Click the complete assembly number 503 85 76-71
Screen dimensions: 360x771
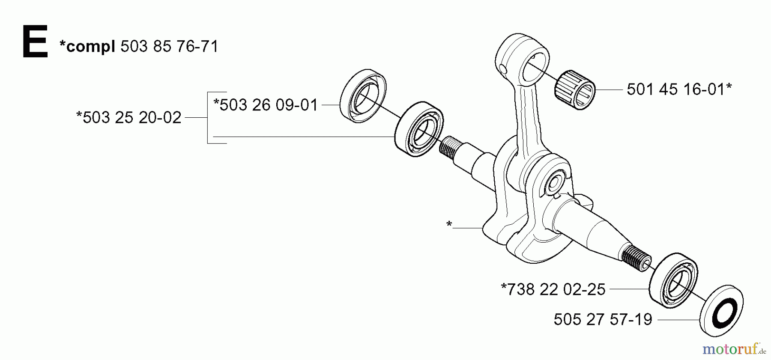click(169, 46)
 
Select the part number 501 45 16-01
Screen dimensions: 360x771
click(679, 89)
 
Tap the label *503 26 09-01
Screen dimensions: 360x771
click(266, 105)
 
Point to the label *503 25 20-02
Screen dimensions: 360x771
click(128, 117)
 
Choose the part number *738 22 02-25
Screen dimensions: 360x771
click(553, 289)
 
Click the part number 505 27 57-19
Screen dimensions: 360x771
click(603, 319)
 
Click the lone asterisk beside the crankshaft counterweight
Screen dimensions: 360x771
click(449, 224)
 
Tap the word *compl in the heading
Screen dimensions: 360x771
click(87, 46)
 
